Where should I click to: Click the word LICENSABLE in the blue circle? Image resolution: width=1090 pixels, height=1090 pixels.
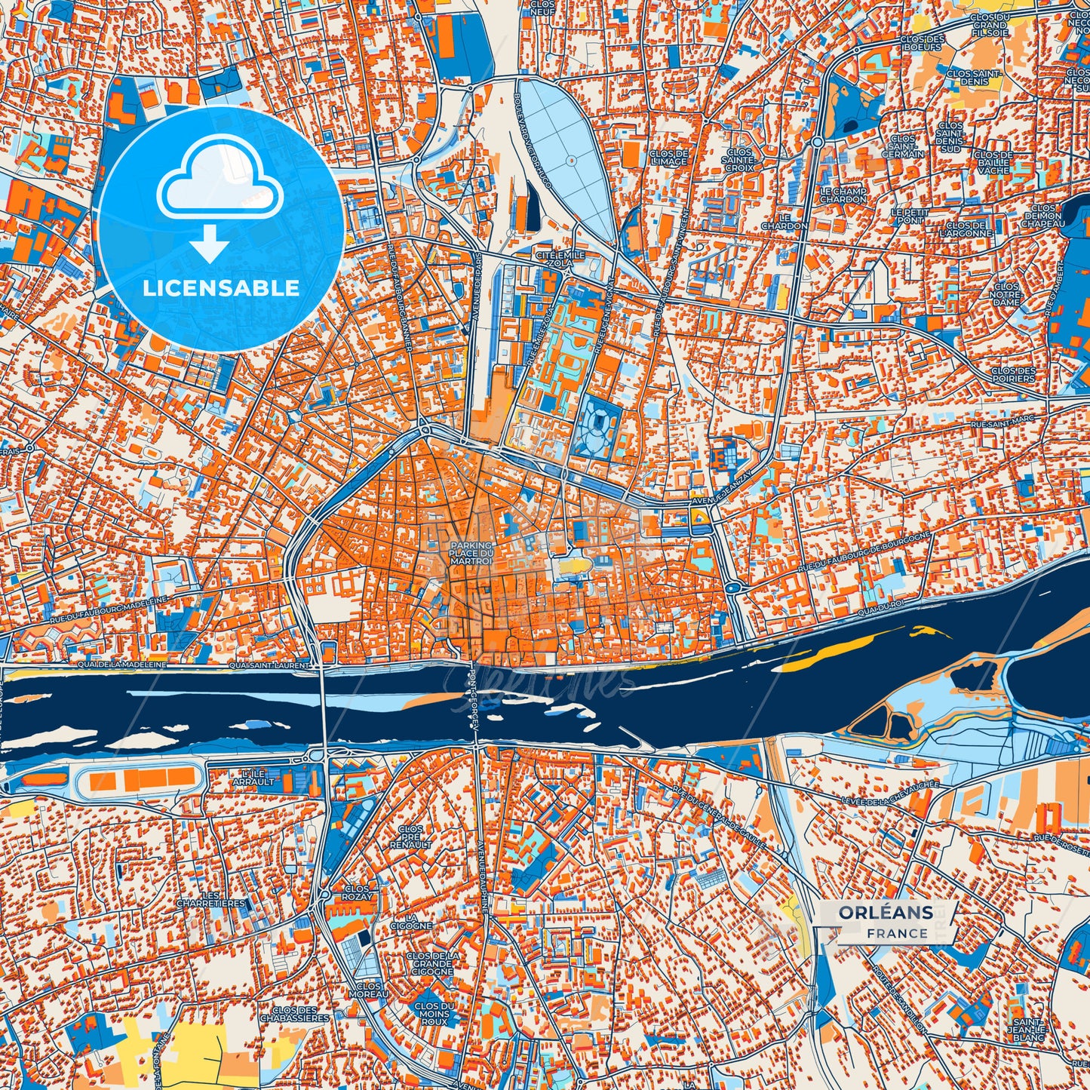(x=221, y=288)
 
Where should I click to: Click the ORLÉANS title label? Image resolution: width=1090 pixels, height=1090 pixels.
(x=886, y=913)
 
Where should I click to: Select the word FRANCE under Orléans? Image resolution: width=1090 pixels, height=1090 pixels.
(x=897, y=934)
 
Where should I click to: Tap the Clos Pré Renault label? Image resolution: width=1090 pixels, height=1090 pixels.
(x=410, y=837)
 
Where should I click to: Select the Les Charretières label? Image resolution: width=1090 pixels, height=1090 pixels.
(x=211, y=898)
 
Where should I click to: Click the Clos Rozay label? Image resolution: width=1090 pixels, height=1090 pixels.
(x=357, y=893)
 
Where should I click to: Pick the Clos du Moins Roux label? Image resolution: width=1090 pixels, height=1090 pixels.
(x=434, y=1015)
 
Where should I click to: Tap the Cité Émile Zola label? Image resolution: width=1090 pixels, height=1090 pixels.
(x=560, y=259)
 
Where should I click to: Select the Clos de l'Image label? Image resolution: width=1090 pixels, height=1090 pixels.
(x=668, y=158)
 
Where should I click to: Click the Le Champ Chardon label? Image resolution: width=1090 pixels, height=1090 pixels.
(x=843, y=195)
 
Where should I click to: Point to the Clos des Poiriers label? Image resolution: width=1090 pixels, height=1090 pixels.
(x=1013, y=374)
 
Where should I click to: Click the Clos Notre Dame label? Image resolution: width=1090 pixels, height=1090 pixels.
(x=1006, y=294)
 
